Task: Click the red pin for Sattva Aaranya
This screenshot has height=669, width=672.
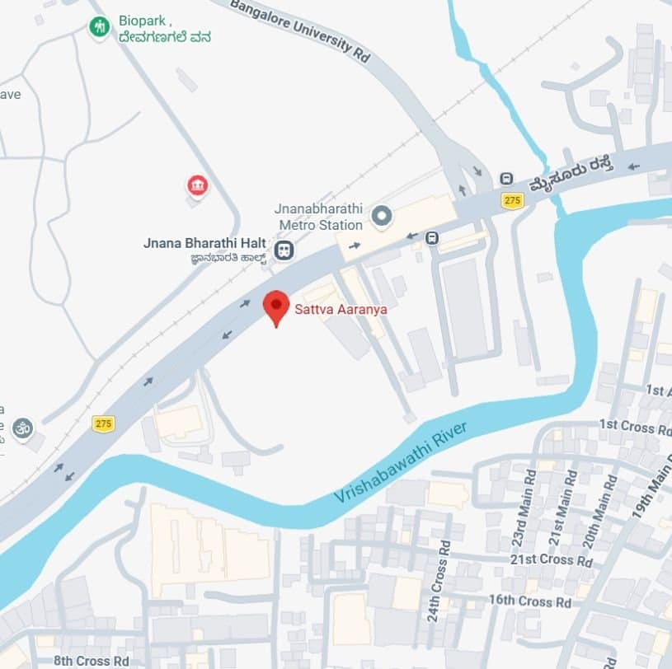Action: point(275,306)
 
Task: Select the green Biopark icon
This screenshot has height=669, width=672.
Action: point(99,26)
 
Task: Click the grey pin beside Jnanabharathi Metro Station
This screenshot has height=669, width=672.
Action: point(381,217)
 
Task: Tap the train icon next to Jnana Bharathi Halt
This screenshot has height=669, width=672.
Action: point(284,250)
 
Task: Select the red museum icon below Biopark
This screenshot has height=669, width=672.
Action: point(197,185)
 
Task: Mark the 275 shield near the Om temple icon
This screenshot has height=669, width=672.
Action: point(103,423)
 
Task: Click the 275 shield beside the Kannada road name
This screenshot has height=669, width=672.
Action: point(513,200)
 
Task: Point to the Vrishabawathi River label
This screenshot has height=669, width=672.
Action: point(401,463)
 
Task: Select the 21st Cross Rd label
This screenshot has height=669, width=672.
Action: point(552,560)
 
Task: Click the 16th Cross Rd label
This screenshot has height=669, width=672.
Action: point(529,601)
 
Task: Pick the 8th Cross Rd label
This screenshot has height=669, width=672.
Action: point(92,661)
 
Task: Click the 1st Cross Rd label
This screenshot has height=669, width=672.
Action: point(635,425)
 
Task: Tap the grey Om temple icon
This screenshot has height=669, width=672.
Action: point(23,428)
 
